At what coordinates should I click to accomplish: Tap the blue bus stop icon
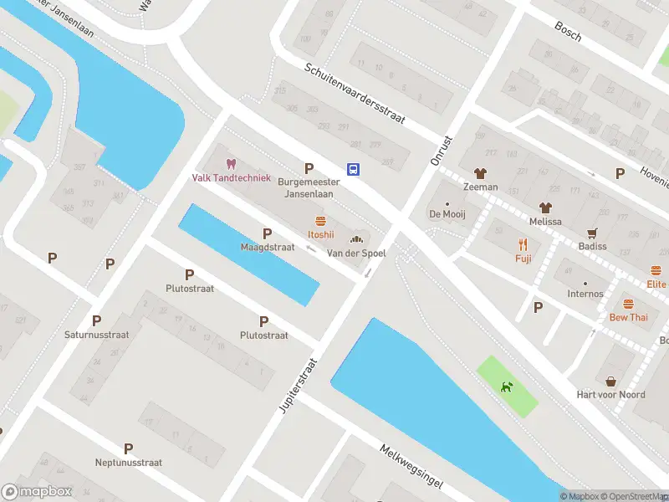pyautogui.click(x=354, y=169)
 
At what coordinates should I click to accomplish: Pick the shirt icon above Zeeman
pyautogui.click(x=480, y=174)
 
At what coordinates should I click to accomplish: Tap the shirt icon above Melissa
pyautogui.click(x=545, y=207)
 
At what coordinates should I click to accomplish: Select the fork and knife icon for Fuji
pyautogui.click(x=523, y=245)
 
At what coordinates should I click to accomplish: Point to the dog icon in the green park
pyautogui.click(x=507, y=387)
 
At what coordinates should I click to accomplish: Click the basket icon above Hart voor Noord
pyautogui.click(x=610, y=381)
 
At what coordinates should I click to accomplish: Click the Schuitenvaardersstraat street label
pyautogui.click(x=355, y=94)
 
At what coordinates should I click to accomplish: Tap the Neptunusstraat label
pyautogui.click(x=128, y=462)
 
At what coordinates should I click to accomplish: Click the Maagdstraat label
pyautogui.click(x=267, y=248)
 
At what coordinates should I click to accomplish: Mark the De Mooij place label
pyautogui.click(x=447, y=214)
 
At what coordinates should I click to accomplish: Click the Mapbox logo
pyautogui.click(x=37, y=492)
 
